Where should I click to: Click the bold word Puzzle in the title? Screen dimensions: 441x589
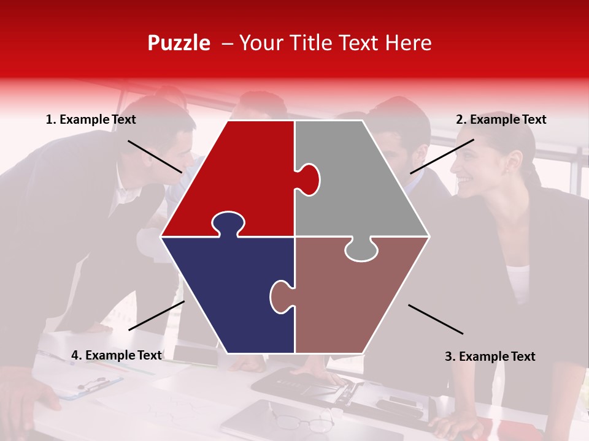(x=179, y=43)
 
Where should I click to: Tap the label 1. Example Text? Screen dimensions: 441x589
(x=91, y=120)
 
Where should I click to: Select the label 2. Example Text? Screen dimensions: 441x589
(x=501, y=120)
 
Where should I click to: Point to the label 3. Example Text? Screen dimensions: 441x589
(x=490, y=356)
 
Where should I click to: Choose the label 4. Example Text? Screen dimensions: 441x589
(x=116, y=355)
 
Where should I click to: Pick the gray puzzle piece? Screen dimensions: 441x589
(x=362, y=184)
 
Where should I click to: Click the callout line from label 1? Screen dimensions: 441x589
(x=155, y=156)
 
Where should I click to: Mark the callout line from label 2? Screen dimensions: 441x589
(x=442, y=156)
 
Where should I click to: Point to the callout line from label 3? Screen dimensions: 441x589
(x=436, y=319)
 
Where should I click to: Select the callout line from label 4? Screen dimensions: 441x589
(x=156, y=315)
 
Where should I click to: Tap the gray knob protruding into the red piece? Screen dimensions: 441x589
(x=309, y=179)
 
